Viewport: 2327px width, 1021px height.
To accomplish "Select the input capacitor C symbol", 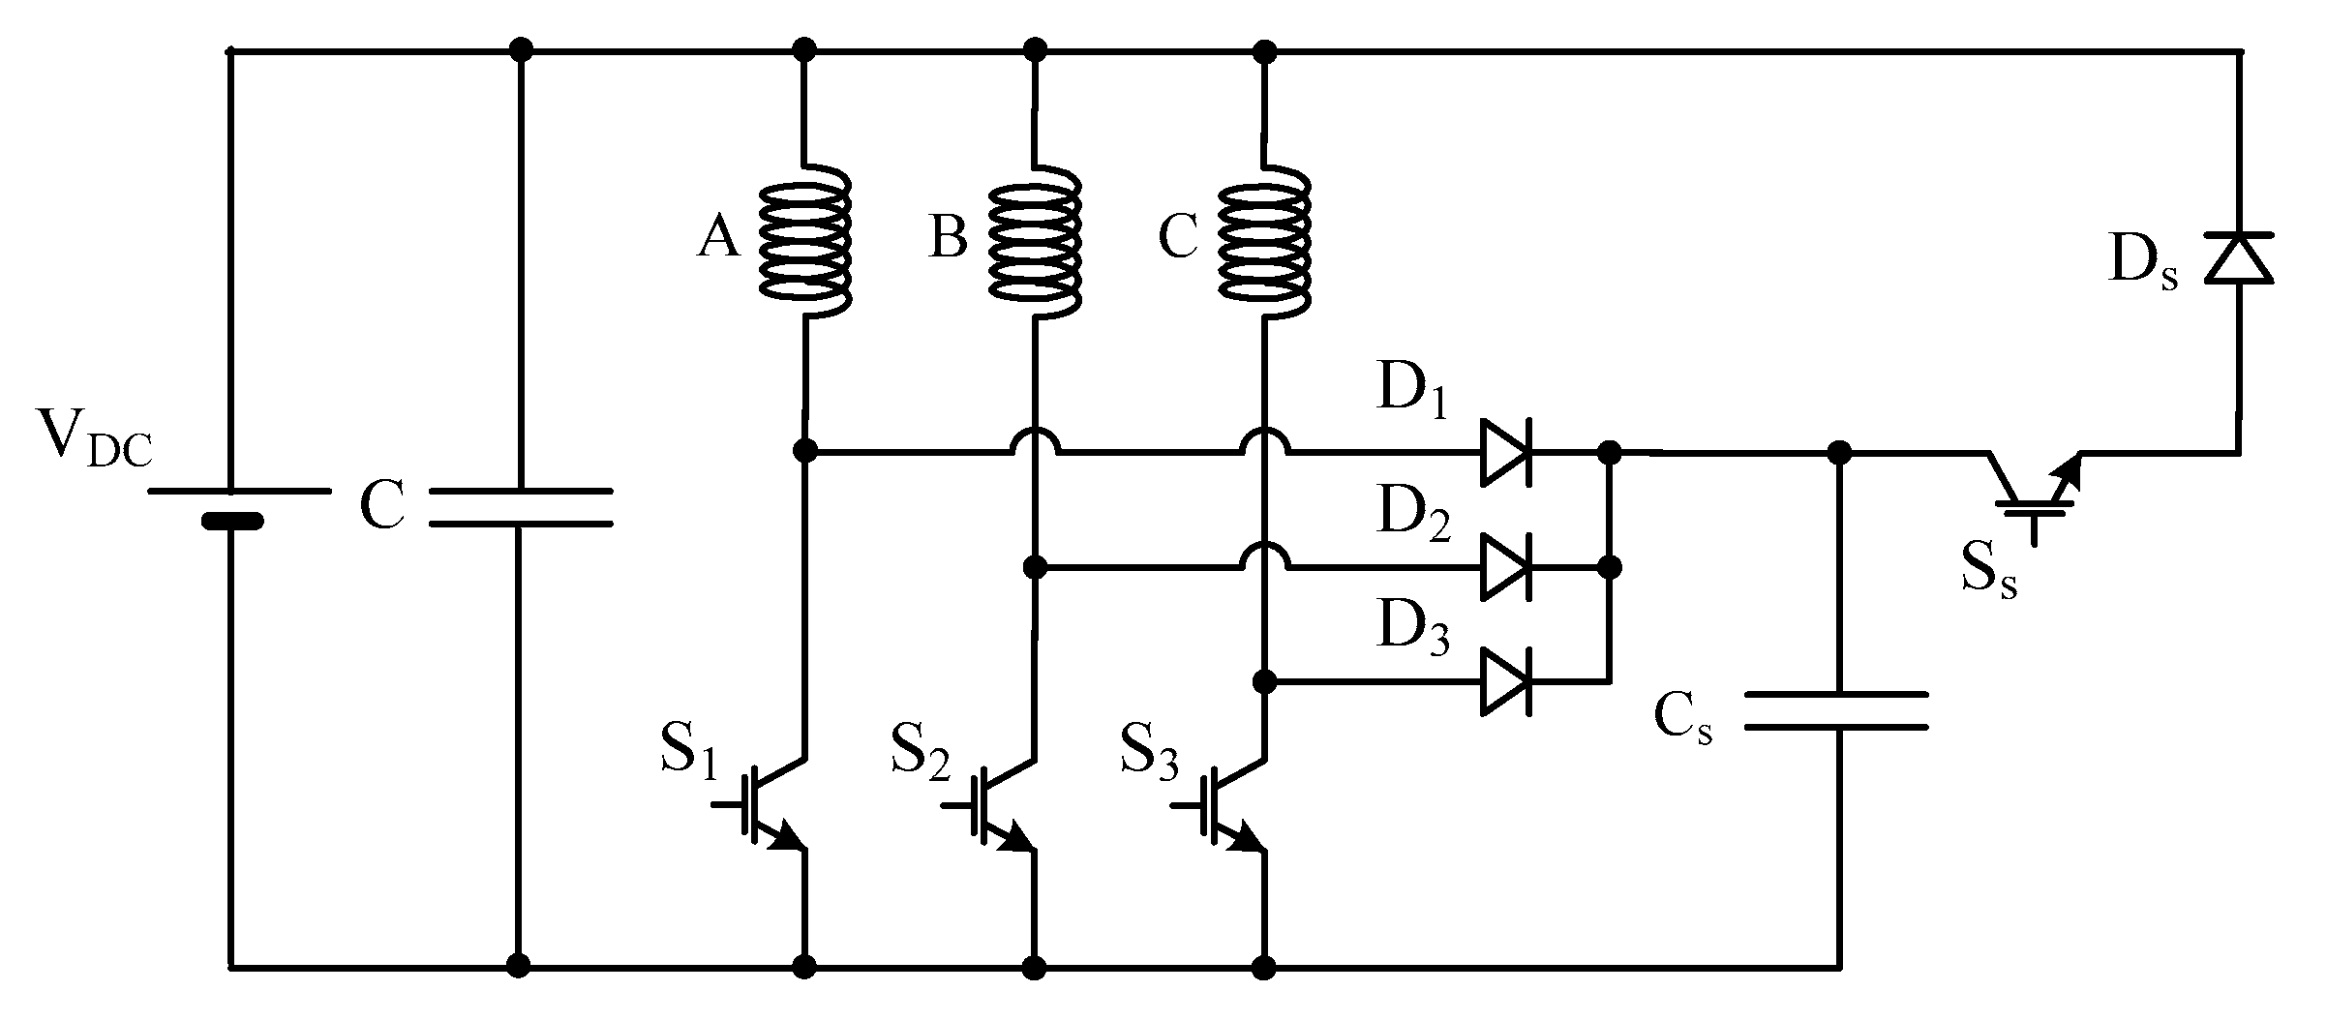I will click(520, 508).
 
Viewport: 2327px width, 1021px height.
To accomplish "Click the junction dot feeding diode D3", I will click(1264, 681).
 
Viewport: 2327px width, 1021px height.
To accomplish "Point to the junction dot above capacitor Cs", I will click(1838, 452).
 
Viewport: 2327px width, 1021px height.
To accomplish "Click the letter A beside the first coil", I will click(718, 237).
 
